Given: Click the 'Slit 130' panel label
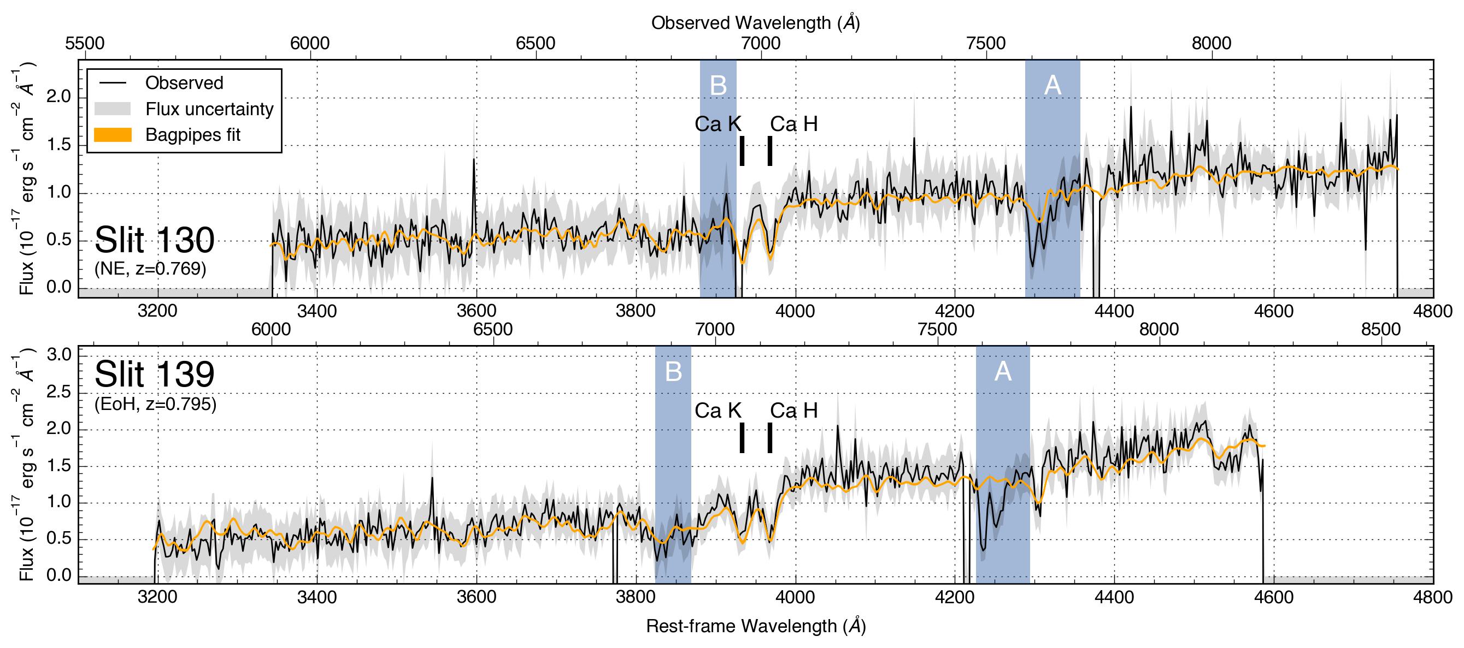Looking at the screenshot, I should (154, 240).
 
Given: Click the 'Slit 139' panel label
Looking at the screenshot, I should (154, 374).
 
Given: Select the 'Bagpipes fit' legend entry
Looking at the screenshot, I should (193, 135).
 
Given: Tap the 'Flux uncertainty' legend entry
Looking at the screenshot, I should (209, 109).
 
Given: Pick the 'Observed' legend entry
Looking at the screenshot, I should (184, 83).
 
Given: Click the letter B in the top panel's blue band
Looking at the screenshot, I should (719, 86).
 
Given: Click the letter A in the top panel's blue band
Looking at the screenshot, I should (1053, 86).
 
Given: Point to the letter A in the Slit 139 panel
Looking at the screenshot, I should (1003, 371).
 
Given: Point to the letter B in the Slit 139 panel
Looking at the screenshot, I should (673, 371).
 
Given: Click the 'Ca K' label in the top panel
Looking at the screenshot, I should (718, 124).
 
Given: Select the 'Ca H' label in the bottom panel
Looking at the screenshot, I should (793, 411).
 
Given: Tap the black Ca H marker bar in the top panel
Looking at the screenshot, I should (770, 151).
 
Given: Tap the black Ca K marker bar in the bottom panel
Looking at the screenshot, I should (742, 437).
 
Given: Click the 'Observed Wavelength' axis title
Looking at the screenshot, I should (755, 23).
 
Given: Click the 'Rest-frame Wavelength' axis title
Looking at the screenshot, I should (755, 626).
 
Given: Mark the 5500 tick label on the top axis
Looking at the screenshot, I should (85, 44).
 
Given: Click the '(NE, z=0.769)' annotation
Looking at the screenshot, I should (150, 268).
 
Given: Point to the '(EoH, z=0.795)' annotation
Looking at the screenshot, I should (155, 405).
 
